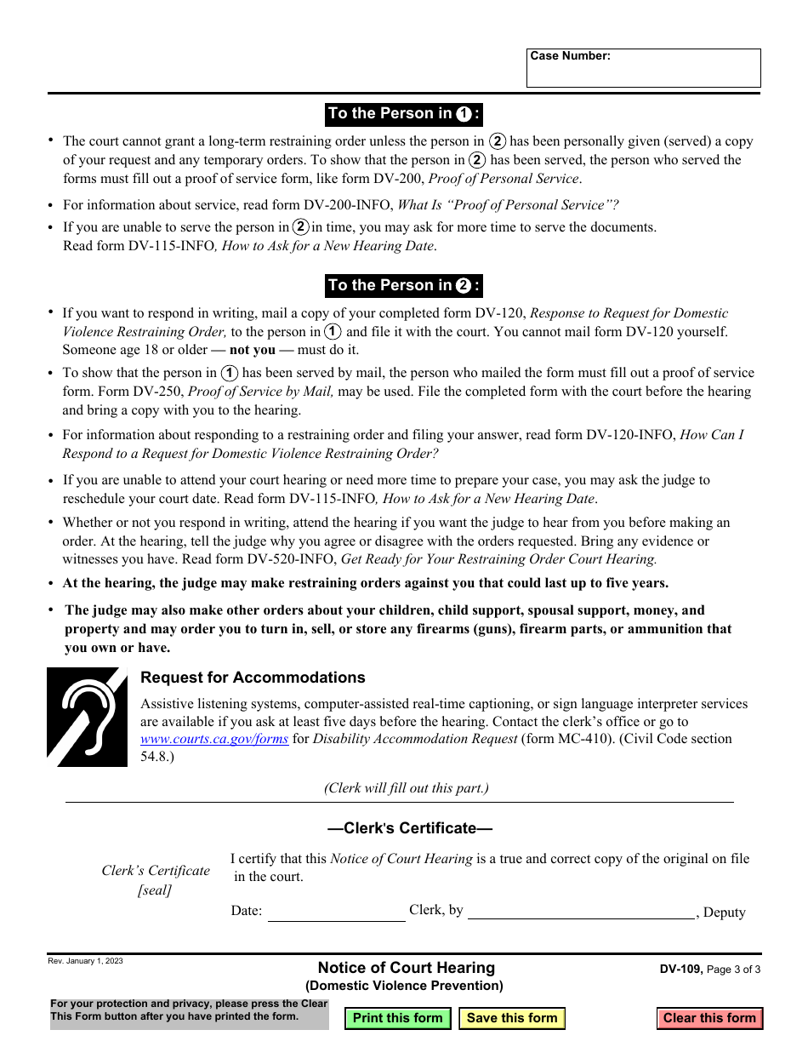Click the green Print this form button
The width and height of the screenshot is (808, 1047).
point(397,1018)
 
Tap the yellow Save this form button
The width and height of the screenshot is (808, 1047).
point(512,1018)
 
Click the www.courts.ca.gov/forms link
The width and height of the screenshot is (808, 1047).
point(214,739)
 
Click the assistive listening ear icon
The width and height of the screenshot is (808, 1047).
point(87,717)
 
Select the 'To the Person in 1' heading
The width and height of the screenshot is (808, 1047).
point(404,114)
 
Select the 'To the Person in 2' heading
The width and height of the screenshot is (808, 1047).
point(404,285)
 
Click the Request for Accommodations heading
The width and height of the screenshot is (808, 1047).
point(253,678)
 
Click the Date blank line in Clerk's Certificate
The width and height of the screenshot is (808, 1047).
point(336,913)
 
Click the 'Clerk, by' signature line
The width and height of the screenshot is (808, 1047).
point(581,912)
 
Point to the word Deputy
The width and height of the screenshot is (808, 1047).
point(725,913)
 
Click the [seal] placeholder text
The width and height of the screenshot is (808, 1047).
point(155,890)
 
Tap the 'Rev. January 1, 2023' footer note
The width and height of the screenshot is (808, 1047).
point(85,961)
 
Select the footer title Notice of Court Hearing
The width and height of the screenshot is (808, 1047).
point(406,968)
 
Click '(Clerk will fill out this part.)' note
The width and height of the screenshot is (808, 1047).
point(406,788)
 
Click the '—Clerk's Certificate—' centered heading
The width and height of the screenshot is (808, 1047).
point(409,828)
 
